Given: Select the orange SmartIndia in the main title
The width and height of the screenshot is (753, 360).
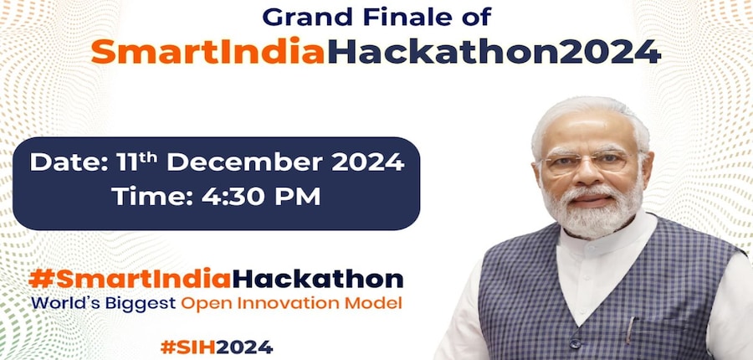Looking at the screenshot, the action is click(x=208, y=51).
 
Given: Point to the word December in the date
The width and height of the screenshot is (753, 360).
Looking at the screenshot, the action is click(x=245, y=162).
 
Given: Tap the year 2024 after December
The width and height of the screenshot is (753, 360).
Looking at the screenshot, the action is click(x=367, y=162).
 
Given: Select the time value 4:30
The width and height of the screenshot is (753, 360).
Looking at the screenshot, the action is click(x=231, y=197).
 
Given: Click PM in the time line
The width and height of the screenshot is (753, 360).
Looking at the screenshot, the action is click(x=295, y=197).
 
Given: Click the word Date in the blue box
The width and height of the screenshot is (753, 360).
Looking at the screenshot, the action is click(x=69, y=162).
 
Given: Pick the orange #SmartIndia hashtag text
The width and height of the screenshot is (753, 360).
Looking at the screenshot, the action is click(x=131, y=279).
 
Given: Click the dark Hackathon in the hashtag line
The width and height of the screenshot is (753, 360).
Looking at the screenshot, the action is click(x=317, y=279).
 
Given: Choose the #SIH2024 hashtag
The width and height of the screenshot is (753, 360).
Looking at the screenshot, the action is click(x=217, y=347).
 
